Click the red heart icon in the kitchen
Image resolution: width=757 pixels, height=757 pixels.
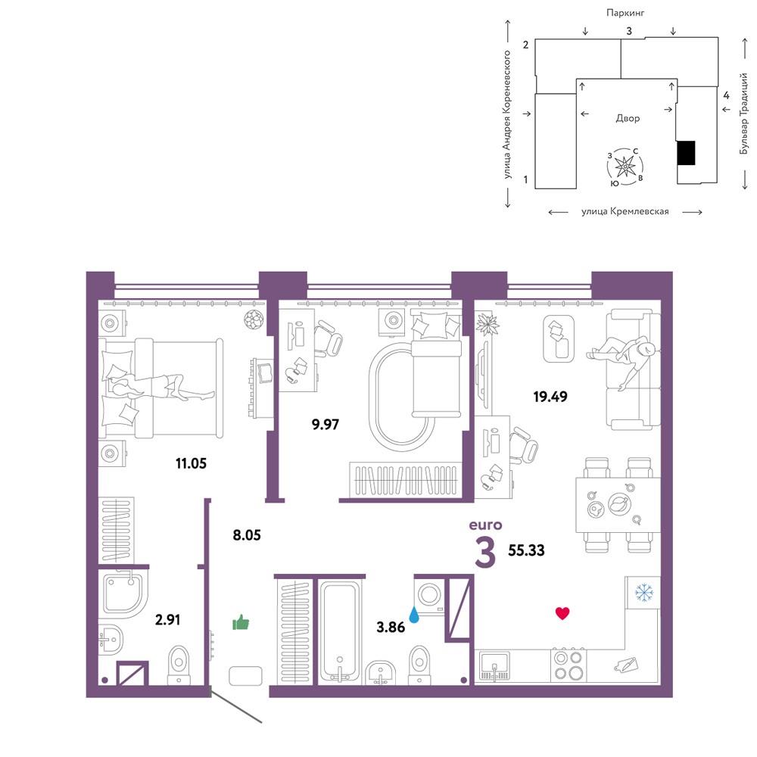coord(562,613)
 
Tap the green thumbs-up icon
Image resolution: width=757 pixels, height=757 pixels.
coord(241,623)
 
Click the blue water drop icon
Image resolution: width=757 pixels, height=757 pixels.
coord(414,615)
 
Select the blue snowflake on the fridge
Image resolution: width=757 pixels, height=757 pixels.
coord(643,593)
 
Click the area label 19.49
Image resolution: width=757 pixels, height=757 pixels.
coord(550,397)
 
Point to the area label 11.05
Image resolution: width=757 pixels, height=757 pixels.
coord(192,463)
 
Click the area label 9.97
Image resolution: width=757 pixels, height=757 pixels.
coord(326,425)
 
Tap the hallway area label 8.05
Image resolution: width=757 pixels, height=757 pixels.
coord(247,535)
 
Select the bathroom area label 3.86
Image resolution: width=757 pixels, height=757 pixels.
coord(391,627)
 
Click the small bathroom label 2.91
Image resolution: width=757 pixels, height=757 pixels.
coord(167,619)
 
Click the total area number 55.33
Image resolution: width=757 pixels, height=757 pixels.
coord(526,550)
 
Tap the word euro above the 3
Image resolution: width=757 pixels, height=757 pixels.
coord(486,525)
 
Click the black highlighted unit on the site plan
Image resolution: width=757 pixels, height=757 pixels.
coord(686,153)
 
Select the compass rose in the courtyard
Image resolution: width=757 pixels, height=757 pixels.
coord(625,167)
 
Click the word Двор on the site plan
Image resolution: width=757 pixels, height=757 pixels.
coord(628,118)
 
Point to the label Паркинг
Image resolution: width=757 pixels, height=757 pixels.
coord(625,13)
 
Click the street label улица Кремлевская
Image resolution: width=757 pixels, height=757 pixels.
coord(625,211)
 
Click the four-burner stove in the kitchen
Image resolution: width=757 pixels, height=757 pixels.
coord(568,665)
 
